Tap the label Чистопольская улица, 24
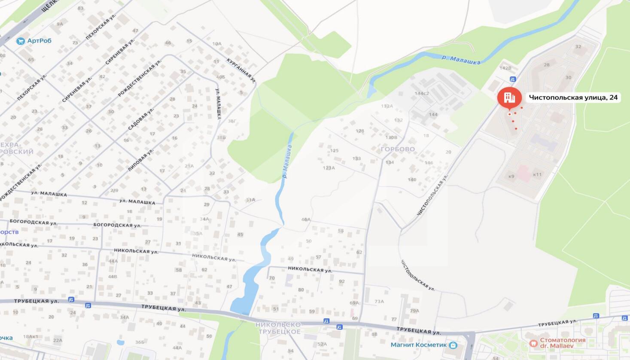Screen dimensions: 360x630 click(x=573, y=98)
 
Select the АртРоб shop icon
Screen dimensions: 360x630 click(x=20, y=41)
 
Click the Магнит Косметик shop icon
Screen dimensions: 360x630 click(x=453, y=345)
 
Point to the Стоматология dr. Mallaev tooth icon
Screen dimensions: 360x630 click(x=533, y=343)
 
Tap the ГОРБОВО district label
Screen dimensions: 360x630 click(x=398, y=149)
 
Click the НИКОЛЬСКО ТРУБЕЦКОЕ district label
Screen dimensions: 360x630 click(x=278, y=328)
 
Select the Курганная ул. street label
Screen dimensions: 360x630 click(x=241, y=70)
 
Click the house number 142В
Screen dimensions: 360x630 click(x=505, y=68)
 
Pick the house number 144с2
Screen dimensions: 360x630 click(x=421, y=93)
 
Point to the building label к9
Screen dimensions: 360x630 click(x=511, y=176)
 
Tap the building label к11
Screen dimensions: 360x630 click(x=537, y=174)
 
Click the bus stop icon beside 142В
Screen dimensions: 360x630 click(x=512, y=79)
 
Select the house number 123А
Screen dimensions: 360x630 click(x=329, y=168)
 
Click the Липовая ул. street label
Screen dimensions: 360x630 click(x=141, y=160)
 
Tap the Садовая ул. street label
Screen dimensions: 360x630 click(x=141, y=119)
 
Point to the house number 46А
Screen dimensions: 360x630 click(x=306, y=220)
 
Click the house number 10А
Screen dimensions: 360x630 click(x=217, y=43)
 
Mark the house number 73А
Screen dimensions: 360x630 click(x=379, y=301)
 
